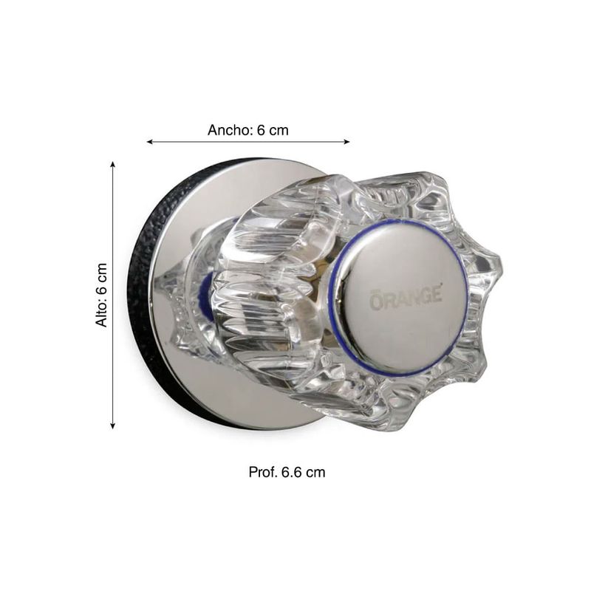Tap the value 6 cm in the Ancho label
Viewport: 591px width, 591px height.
(x=273, y=130)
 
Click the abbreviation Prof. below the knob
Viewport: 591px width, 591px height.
(x=263, y=472)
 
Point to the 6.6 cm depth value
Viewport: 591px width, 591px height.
(x=304, y=472)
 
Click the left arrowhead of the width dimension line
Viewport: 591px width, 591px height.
(x=149, y=142)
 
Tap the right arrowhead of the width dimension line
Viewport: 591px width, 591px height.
(x=346, y=142)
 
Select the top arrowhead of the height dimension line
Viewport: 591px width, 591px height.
(x=112, y=164)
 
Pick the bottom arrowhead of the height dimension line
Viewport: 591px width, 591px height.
(x=112, y=426)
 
